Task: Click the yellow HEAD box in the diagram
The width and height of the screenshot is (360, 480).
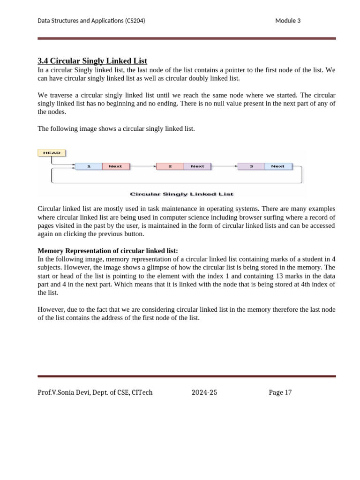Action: coord(52,153)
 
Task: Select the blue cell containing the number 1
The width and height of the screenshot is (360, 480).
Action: coord(89,166)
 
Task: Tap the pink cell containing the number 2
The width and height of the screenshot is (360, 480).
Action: coord(169,166)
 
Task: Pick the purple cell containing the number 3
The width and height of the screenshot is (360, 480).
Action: coord(251,166)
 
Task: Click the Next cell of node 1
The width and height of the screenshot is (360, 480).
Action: coord(115,166)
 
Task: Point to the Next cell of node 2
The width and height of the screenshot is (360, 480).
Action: coord(197,166)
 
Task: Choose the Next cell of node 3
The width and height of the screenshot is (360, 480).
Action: coord(278,166)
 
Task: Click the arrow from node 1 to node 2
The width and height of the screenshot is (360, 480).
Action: coord(142,166)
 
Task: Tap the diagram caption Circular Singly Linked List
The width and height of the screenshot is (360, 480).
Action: coord(181,194)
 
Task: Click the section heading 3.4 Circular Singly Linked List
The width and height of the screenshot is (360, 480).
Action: coord(92,61)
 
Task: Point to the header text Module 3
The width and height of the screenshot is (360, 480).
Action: coord(288,21)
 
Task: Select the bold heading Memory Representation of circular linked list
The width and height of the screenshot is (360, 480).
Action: coord(108,251)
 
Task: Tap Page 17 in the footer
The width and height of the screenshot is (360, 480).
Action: coord(280,392)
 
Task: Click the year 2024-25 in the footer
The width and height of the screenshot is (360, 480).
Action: coord(204,392)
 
